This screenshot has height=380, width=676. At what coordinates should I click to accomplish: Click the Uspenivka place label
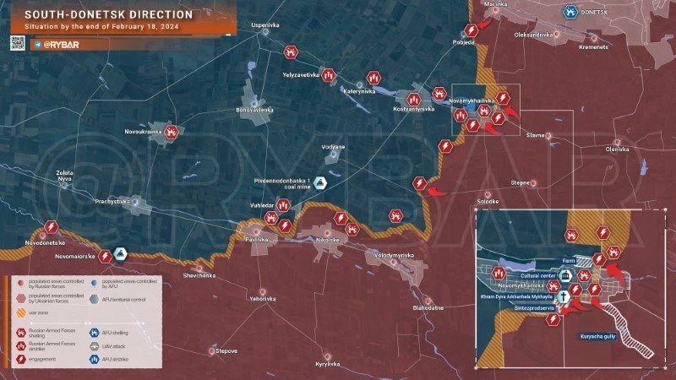[x=264, y=25]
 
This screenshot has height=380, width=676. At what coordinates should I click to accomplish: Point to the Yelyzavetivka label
[x=302, y=75]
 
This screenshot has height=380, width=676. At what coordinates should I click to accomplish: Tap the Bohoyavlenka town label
[x=254, y=110]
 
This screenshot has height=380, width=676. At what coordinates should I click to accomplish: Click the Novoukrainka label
[x=143, y=132]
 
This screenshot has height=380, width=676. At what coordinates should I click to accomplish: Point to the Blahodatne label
[x=428, y=308]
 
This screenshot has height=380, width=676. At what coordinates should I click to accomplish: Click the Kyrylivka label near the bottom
[x=327, y=364]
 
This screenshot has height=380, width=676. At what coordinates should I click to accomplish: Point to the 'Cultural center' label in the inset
[x=539, y=276]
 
